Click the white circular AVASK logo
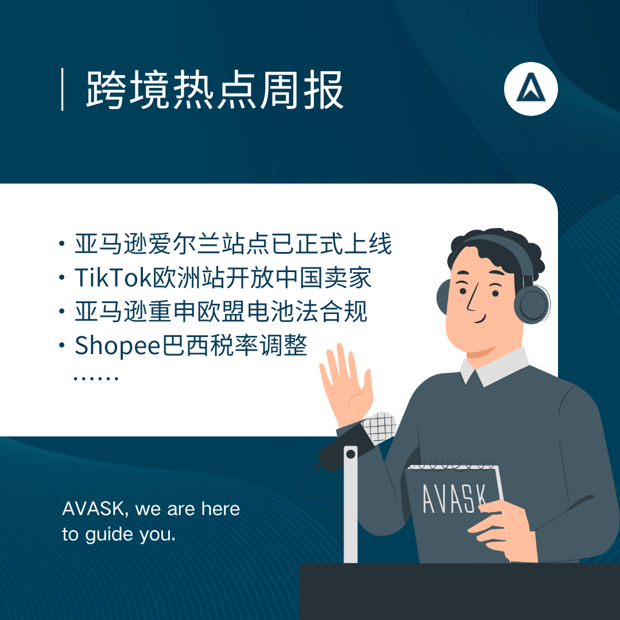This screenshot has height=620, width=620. click(530, 89)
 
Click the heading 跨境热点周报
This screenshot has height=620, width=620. click(215, 90)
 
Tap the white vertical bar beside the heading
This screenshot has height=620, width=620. click(63, 90)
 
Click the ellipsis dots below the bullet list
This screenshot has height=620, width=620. click(96, 378)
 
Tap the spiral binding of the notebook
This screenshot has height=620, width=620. click(452, 465)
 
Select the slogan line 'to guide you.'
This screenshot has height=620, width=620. click(119, 534)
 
